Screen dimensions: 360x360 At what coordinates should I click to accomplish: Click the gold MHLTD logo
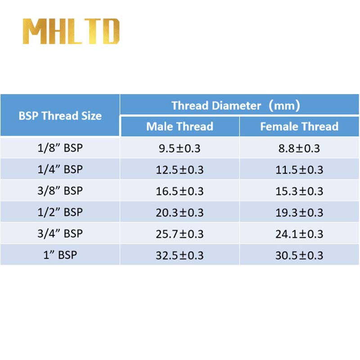click(71, 31)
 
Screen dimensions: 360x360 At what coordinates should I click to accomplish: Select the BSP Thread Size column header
click(60, 116)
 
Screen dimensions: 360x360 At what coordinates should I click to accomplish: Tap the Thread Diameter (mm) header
click(235, 106)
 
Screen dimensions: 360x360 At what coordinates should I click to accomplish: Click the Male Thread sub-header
click(180, 126)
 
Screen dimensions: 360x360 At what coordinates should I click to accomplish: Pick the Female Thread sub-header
click(299, 126)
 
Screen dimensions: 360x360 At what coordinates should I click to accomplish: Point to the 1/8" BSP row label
click(60, 148)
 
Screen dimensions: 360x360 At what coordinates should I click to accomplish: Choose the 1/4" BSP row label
click(60, 169)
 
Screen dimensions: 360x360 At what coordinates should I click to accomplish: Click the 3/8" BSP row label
click(60, 191)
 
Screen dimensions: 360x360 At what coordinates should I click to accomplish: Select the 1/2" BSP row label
click(60, 212)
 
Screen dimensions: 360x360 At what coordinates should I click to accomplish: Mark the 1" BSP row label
click(60, 255)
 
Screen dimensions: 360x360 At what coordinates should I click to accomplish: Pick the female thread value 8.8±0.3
click(299, 148)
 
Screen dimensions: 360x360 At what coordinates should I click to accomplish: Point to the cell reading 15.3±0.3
click(299, 191)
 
